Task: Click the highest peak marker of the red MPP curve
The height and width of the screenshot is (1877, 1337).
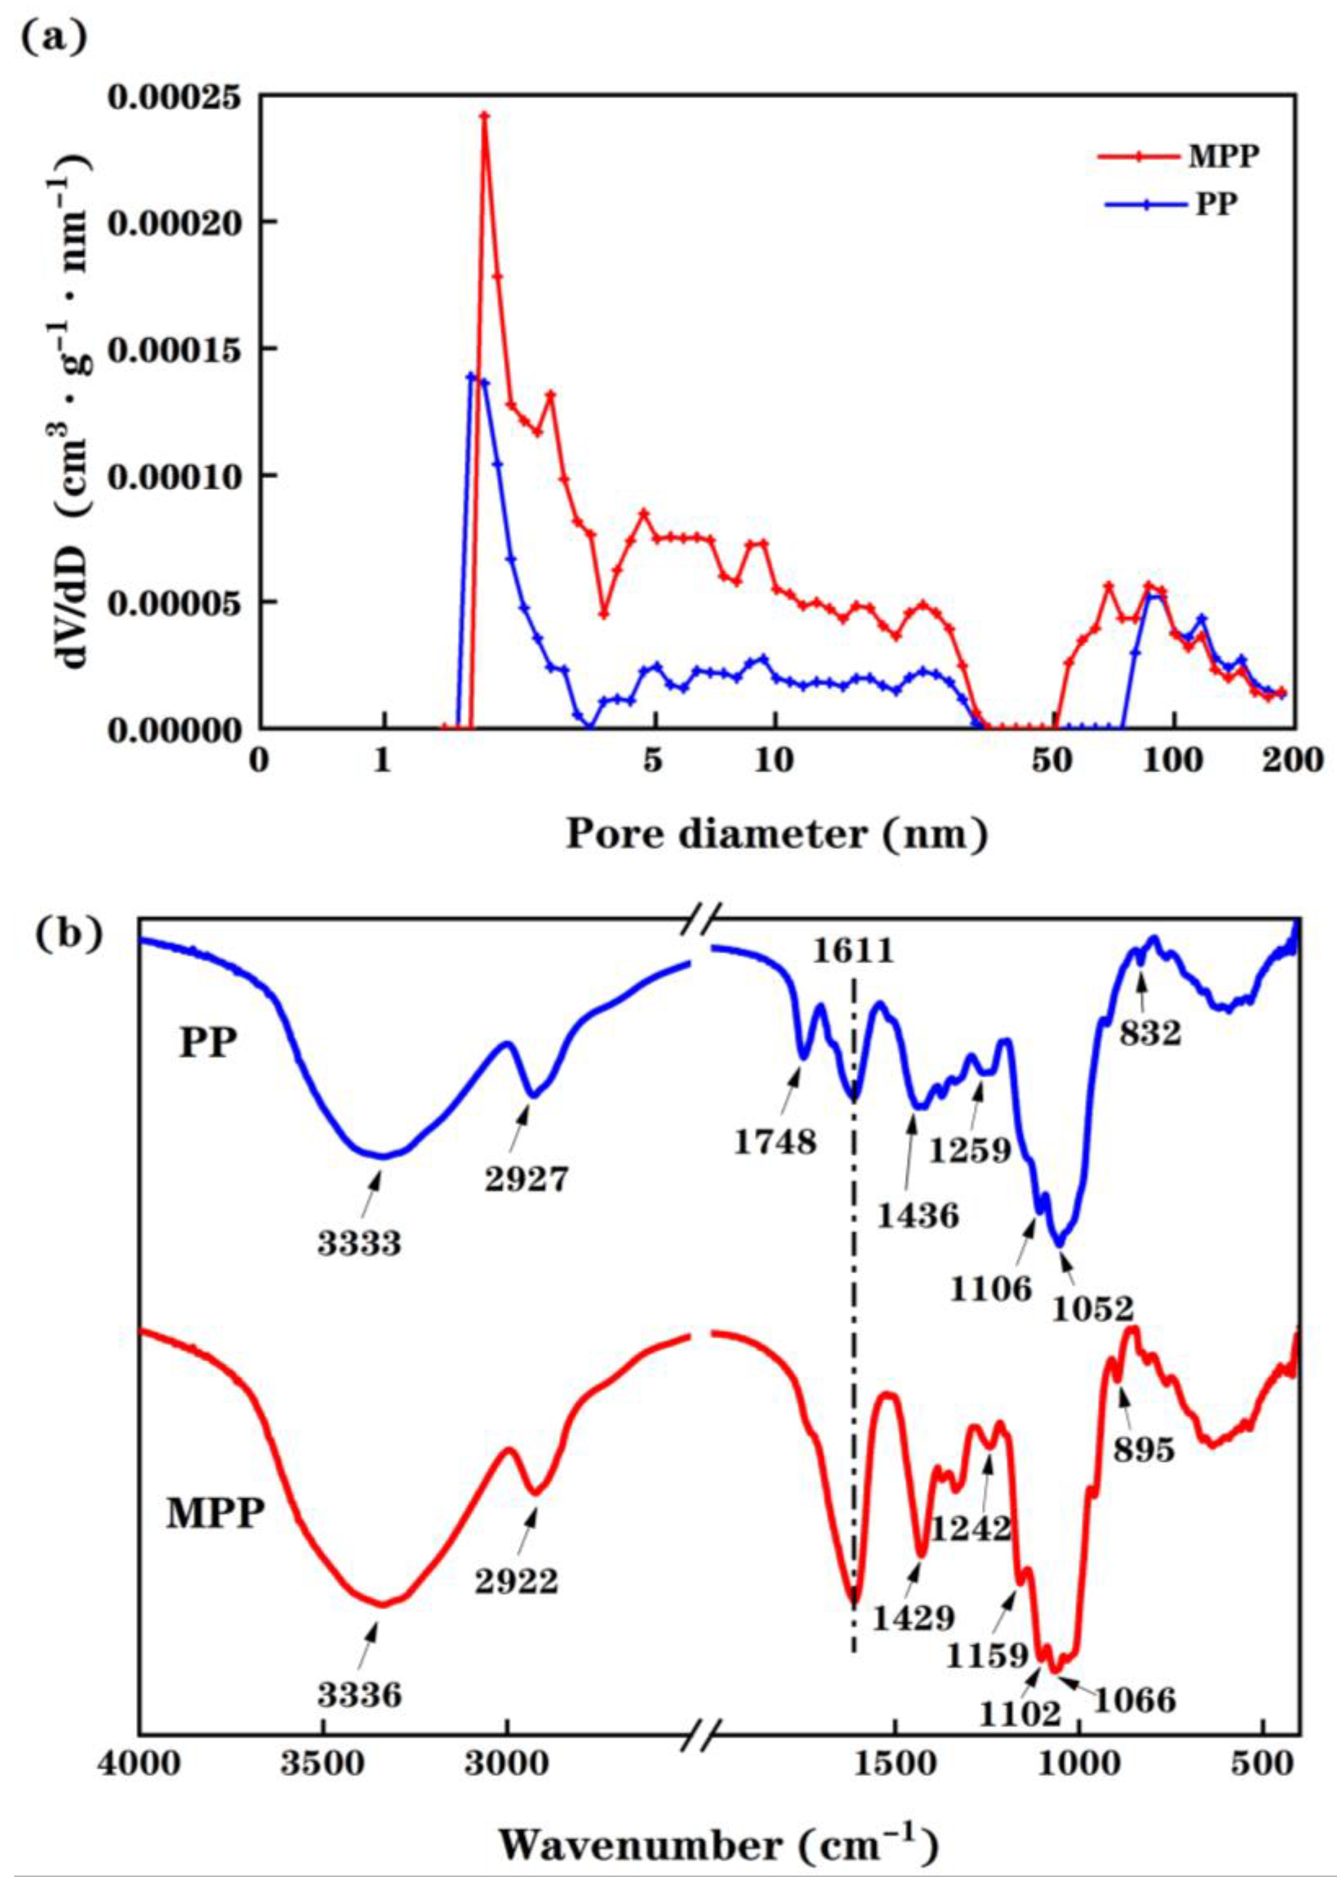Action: [485, 116]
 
